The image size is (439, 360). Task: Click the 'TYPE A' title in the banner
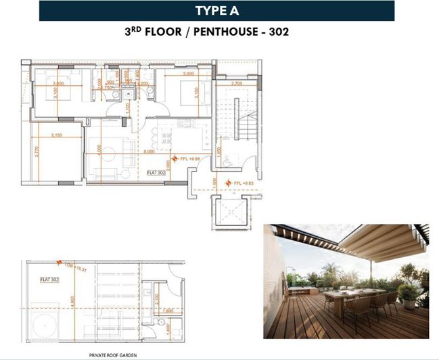tap(216, 10)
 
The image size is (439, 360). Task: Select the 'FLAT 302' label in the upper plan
tap(157, 173)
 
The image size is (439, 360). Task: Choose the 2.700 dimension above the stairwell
tap(237, 83)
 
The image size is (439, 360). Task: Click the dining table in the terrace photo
tap(352, 297)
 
